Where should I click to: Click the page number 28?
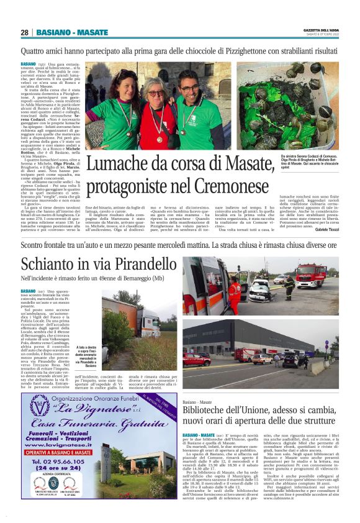24,32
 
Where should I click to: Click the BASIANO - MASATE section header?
71,32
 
